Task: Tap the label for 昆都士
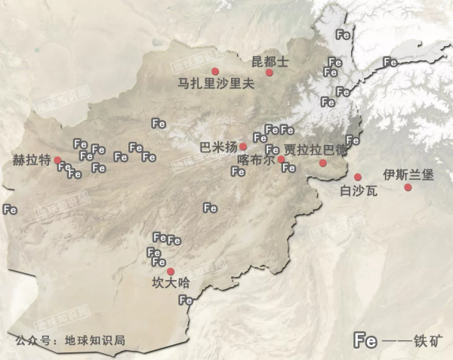click(270, 60)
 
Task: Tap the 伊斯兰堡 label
click(408, 174)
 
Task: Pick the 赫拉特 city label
click(32, 160)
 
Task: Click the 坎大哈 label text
click(171, 284)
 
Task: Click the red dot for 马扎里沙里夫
click(215, 71)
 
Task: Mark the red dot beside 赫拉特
click(57, 160)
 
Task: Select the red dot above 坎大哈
click(171, 272)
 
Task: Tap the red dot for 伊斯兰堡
click(408, 187)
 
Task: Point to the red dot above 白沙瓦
click(358, 177)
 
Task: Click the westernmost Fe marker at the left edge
click(10, 209)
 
